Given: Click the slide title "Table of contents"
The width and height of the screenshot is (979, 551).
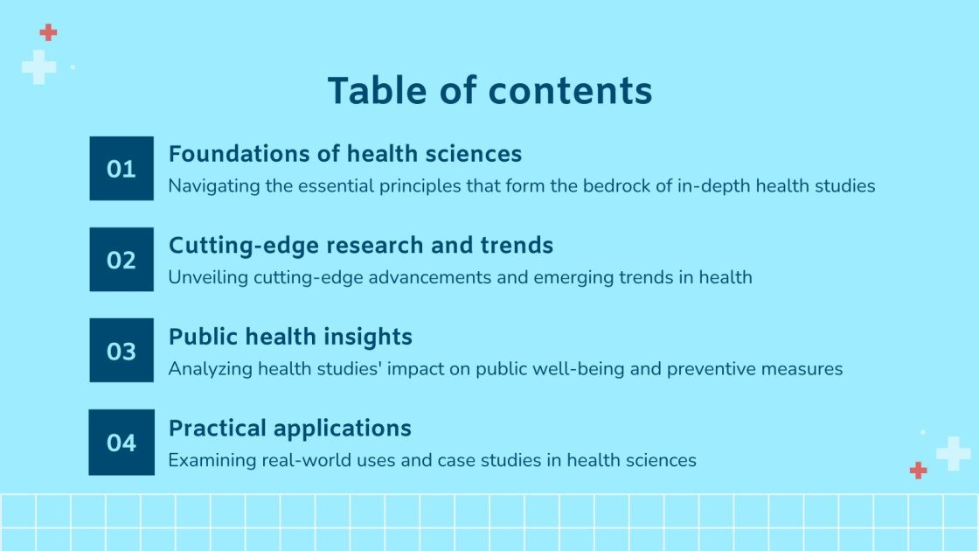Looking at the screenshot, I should pyautogui.click(x=489, y=91).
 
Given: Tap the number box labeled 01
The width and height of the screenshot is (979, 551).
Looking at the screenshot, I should pyautogui.click(x=122, y=169).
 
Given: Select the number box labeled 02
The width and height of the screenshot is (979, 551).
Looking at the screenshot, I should pyautogui.click(x=122, y=260).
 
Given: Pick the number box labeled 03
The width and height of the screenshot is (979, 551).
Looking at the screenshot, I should pyautogui.click(x=122, y=351).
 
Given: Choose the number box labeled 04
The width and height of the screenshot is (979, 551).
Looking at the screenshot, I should pyautogui.click(x=122, y=443).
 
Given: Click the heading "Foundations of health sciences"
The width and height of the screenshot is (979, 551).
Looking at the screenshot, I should pyautogui.click(x=344, y=154).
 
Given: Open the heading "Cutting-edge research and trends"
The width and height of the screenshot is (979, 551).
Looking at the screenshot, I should pyautogui.click(x=360, y=246).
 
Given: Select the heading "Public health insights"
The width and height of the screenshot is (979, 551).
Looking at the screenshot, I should pyautogui.click(x=290, y=337).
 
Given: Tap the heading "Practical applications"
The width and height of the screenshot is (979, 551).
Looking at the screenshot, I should pyautogui.click(x=289, y=429).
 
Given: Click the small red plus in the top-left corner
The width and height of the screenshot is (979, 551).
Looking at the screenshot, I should pyautogui.click(x=48, y=32).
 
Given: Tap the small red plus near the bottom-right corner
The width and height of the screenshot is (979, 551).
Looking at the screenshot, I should pyautogui.click(x=918, y=471).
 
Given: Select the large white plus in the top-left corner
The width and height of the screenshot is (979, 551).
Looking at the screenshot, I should pyautogui.click(x=38, y=66).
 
